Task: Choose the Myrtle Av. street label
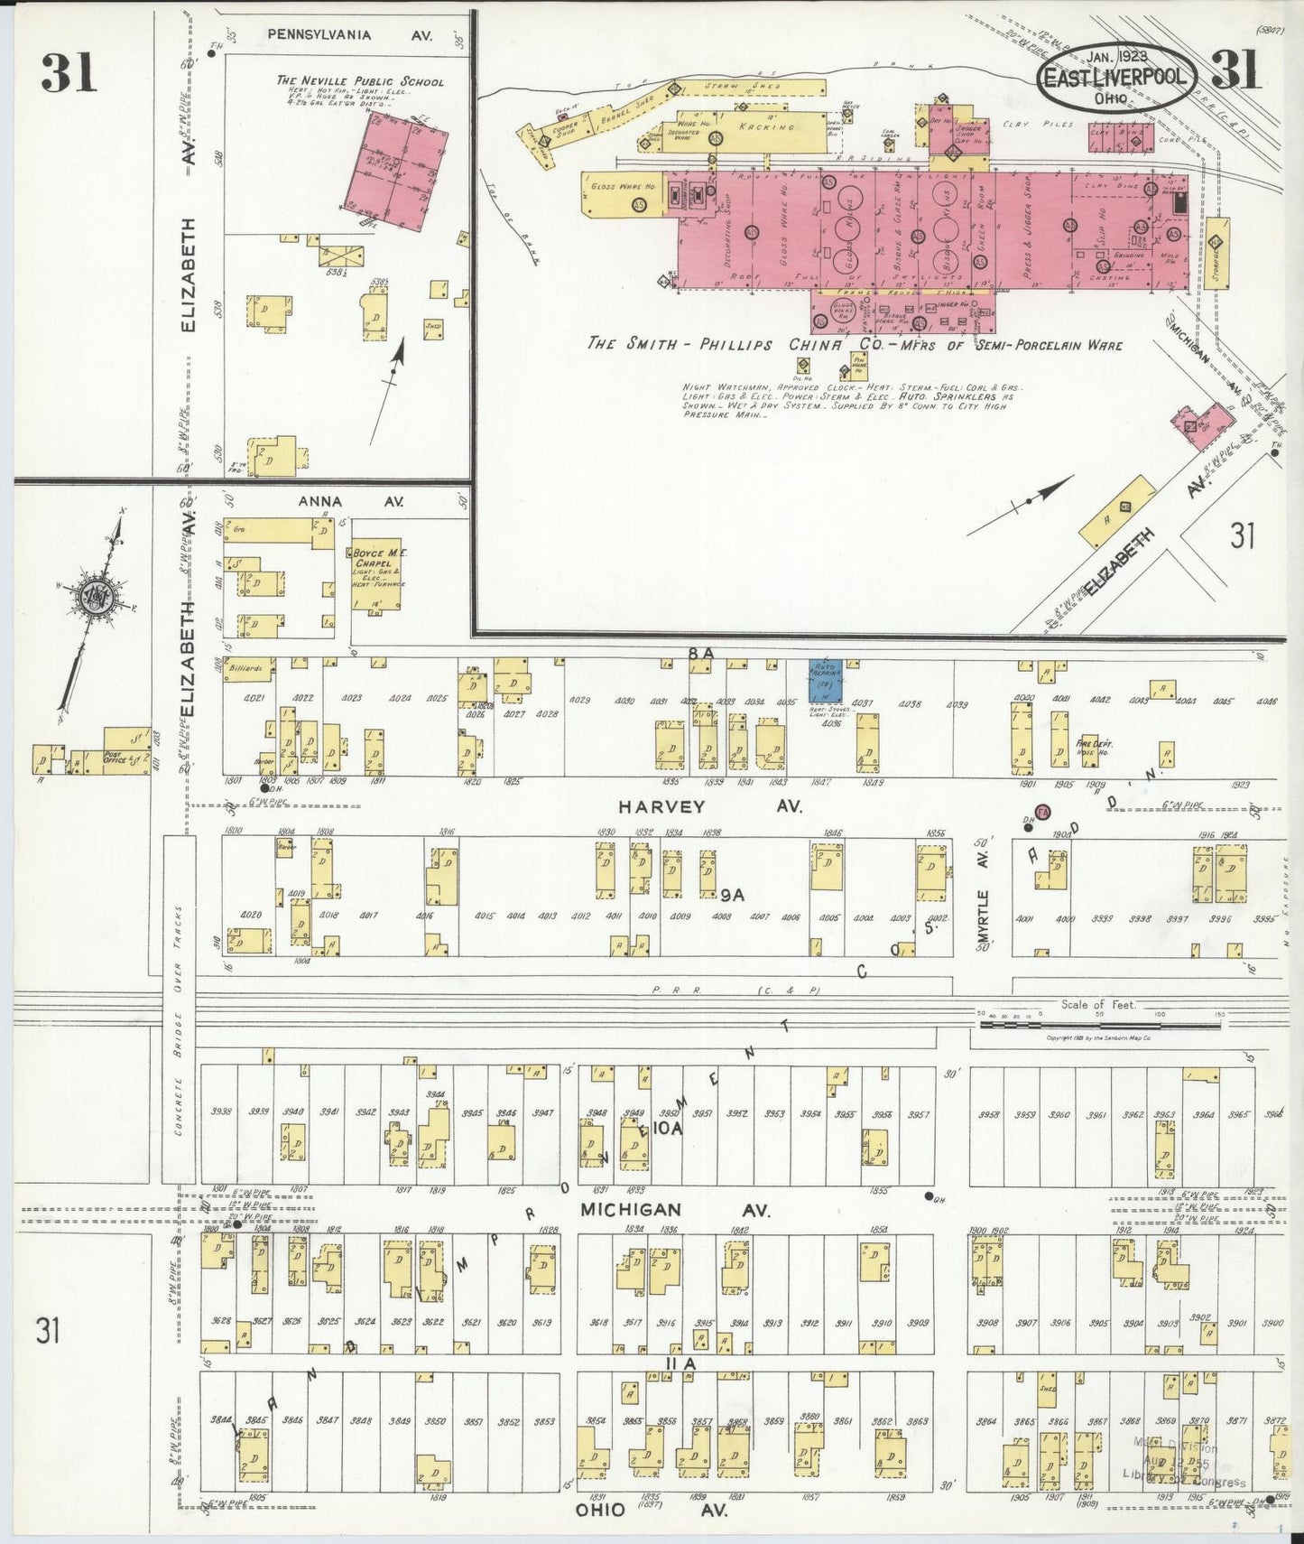coord(984,898)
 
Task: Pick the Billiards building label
coord(247,669)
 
